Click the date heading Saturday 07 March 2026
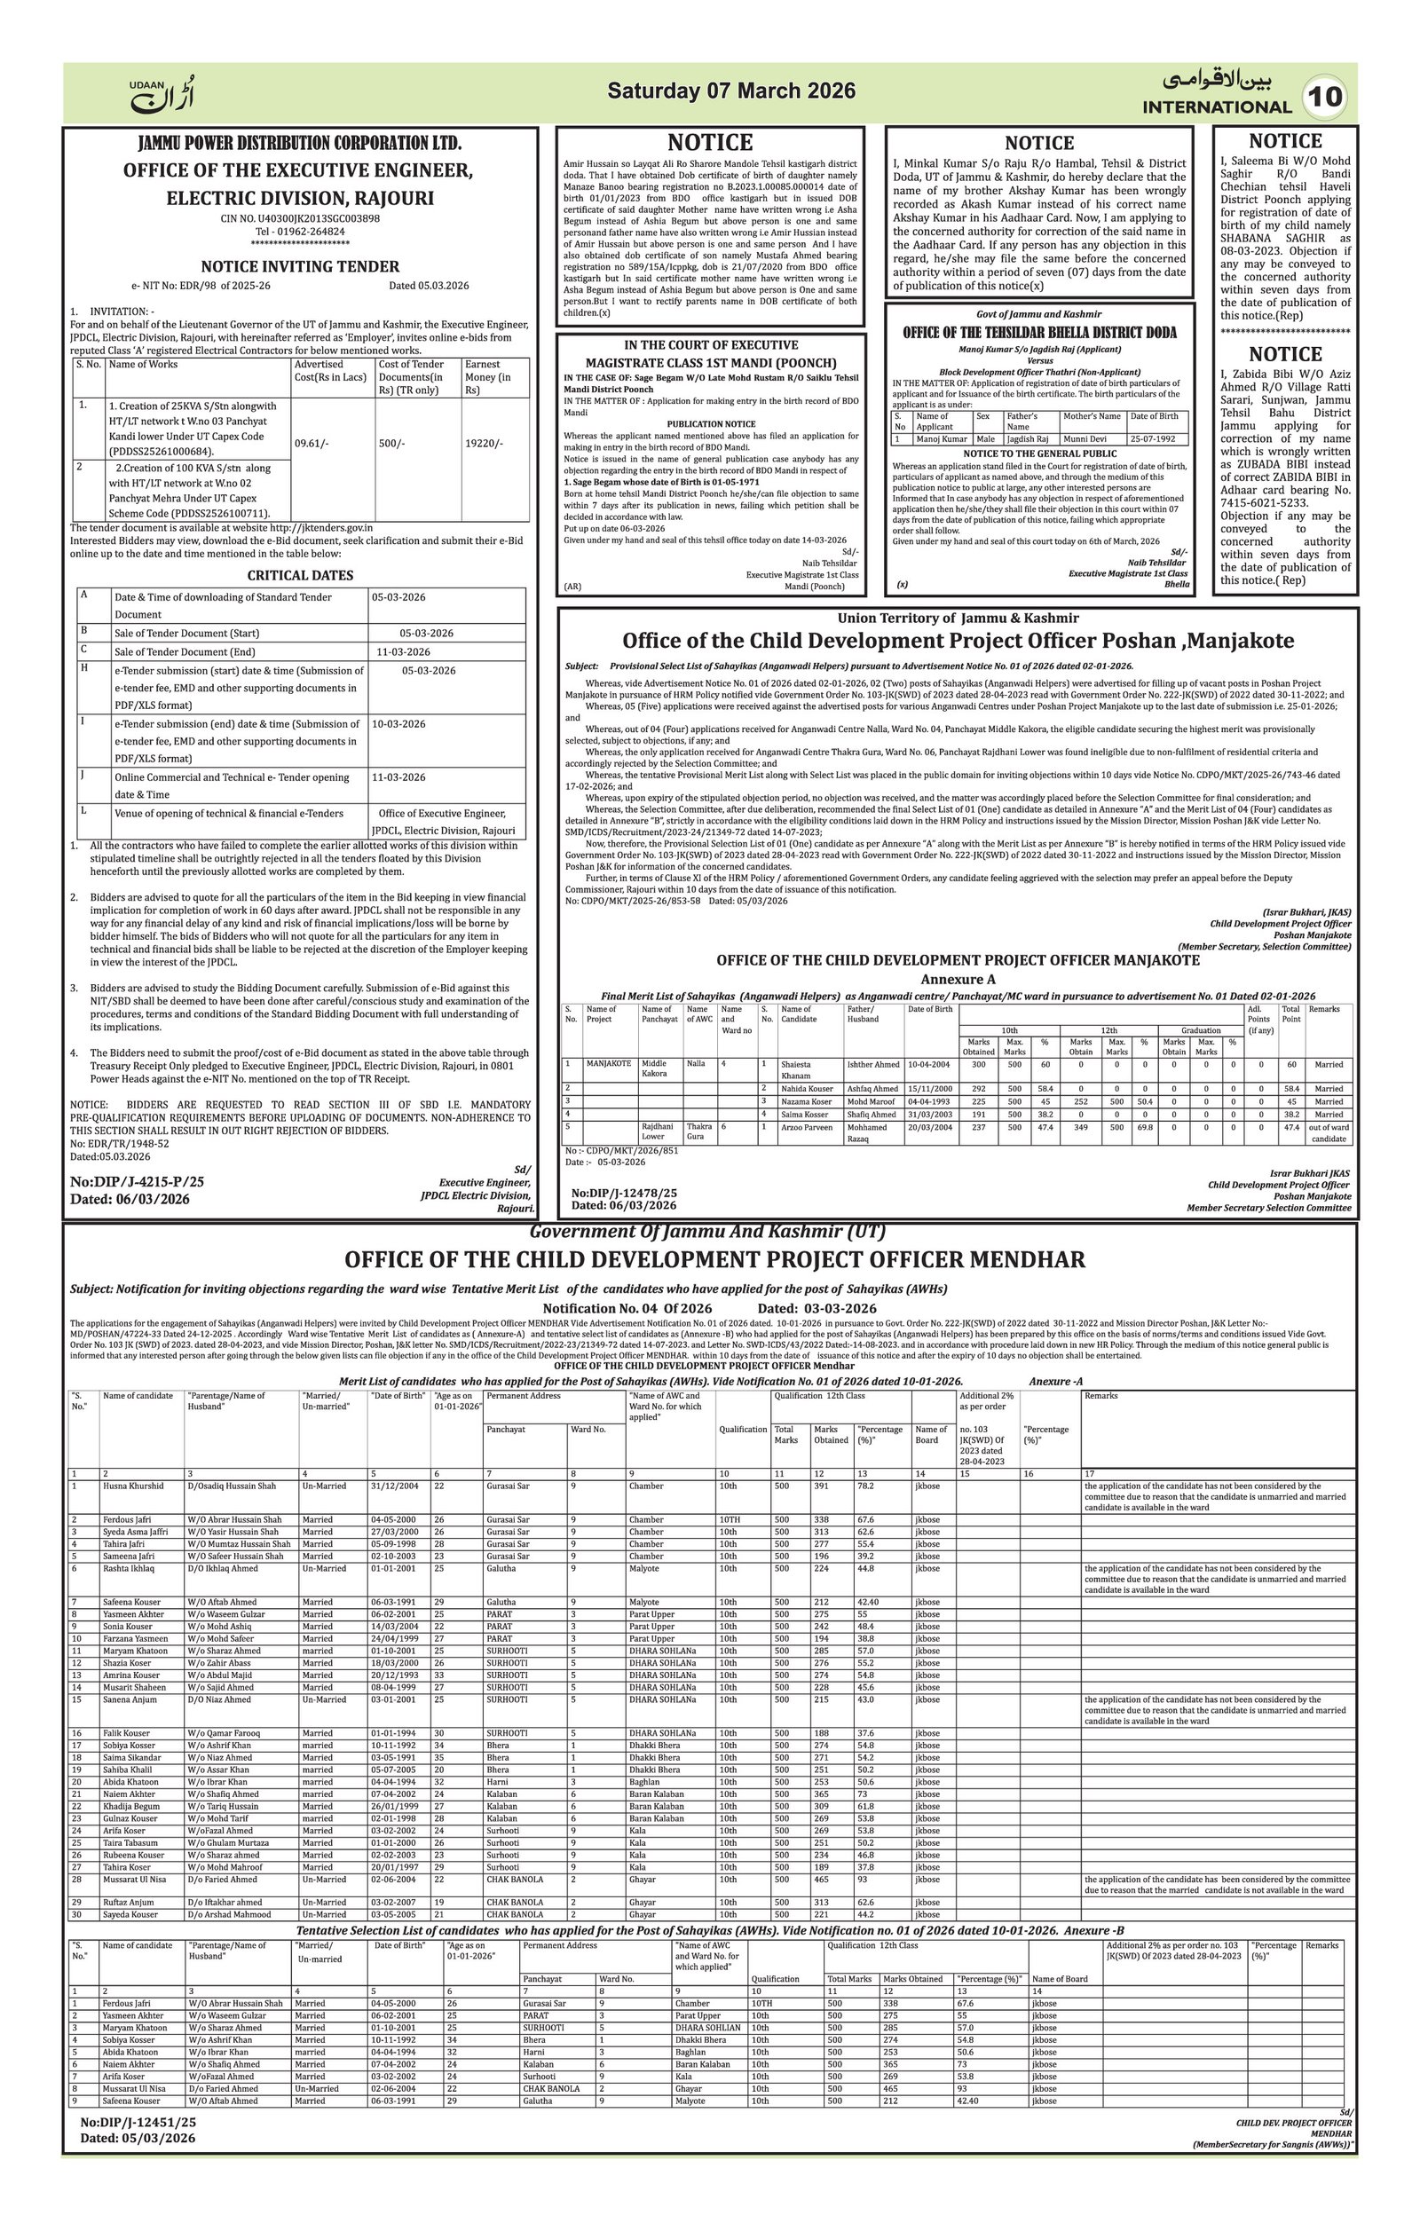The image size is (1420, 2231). tap(730, 91)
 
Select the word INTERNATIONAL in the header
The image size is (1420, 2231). tap(1216, 106)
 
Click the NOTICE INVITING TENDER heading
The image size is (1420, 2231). tap(300, 267)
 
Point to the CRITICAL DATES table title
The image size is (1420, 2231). tap(300, 575)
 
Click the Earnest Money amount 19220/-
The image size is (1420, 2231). tap(484, 444)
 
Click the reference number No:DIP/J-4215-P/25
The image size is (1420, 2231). tap(137, 1182)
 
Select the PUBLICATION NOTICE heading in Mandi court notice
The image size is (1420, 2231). tap(711, 423)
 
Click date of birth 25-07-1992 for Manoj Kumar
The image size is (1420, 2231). tap(1153, 439)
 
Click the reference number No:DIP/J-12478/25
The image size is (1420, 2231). tap(623, 1194)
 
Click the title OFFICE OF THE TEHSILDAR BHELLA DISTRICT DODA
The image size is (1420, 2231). tap(1039, 333)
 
